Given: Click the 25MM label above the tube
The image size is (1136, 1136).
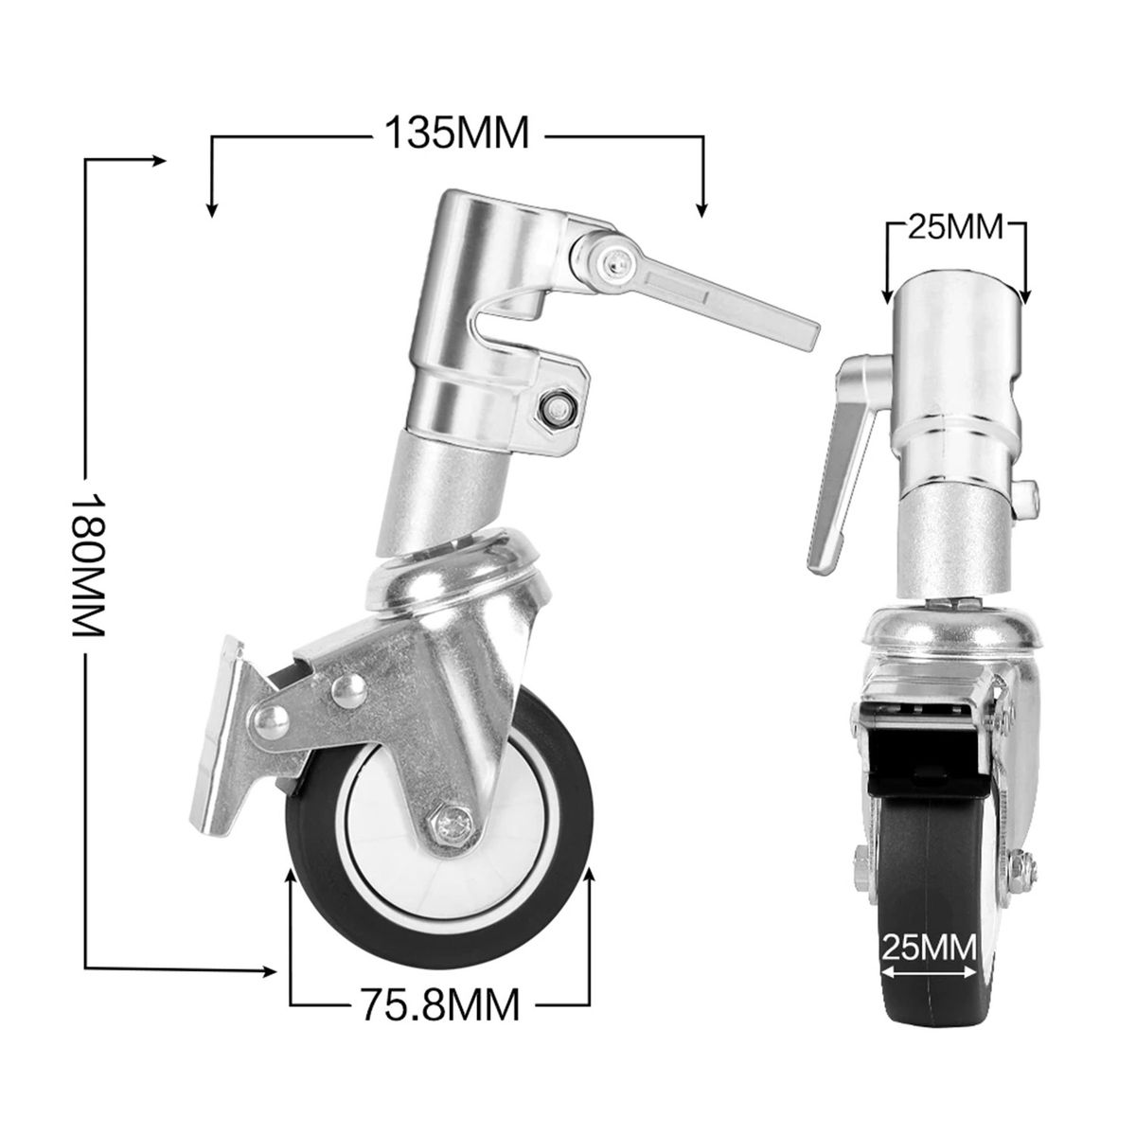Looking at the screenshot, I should [955, 226].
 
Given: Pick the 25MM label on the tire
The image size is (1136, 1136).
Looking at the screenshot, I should [928, 948].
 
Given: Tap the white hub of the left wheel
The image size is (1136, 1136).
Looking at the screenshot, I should [398, 852].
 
